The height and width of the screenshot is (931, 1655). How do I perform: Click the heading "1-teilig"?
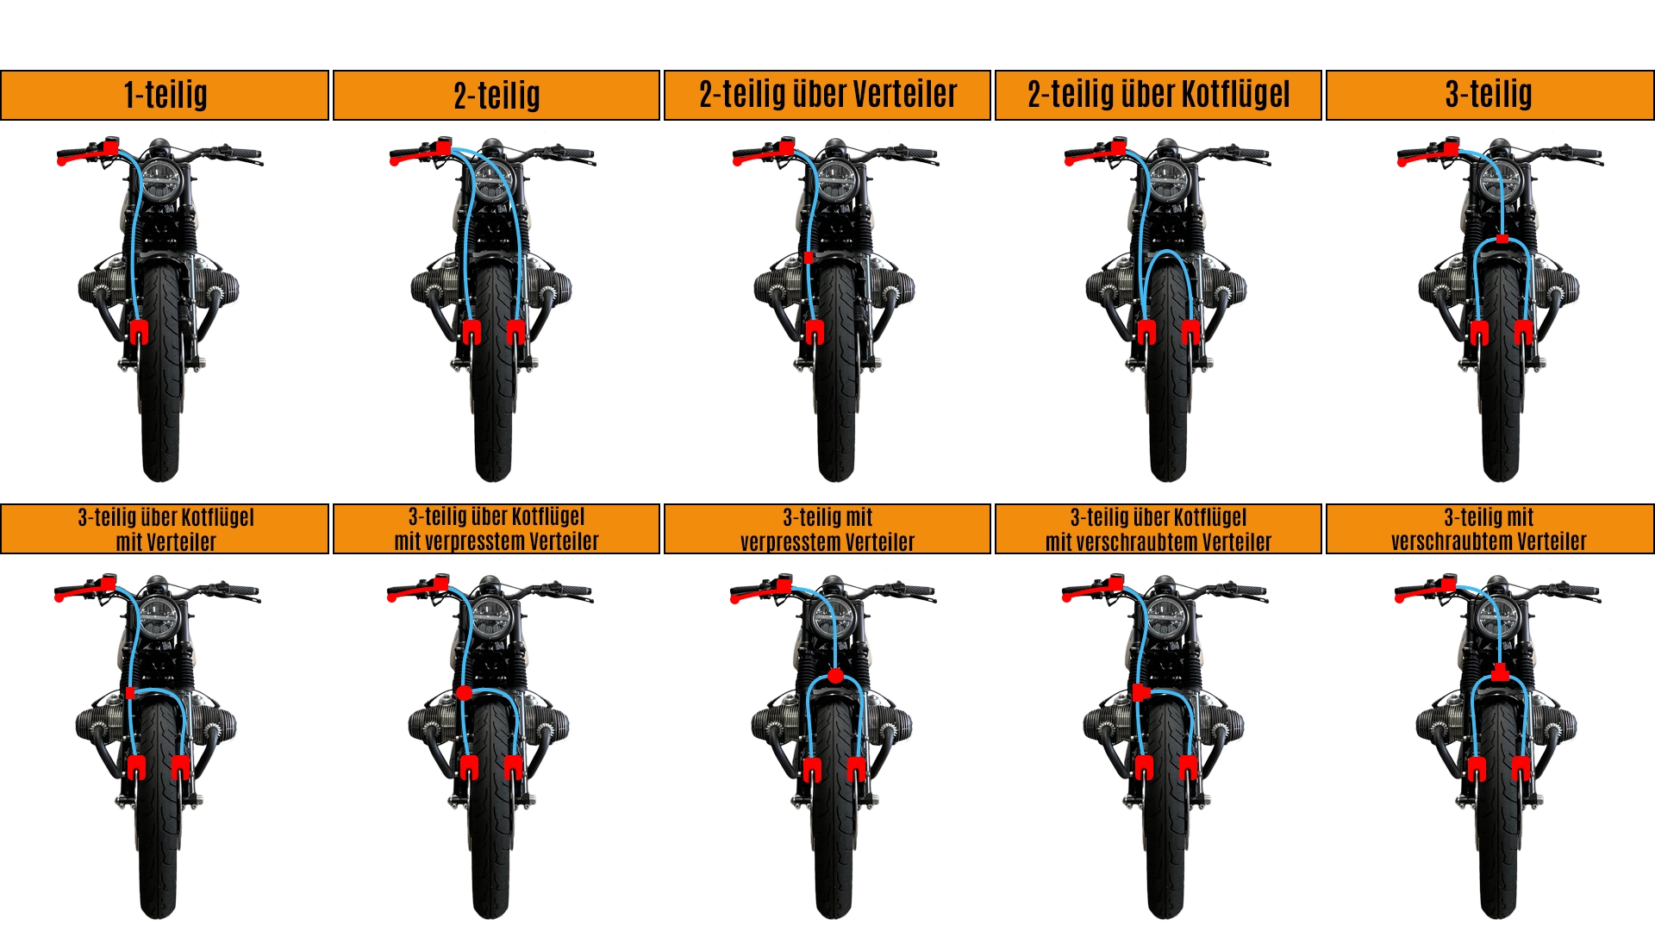[165, 95]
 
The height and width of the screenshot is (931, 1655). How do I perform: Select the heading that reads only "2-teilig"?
[496, 95]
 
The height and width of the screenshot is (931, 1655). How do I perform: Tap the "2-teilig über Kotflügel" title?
[1158, 94]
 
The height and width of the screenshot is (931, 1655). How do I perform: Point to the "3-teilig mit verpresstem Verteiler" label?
[827, 529]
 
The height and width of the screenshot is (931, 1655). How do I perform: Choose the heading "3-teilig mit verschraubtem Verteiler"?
[1489, 529]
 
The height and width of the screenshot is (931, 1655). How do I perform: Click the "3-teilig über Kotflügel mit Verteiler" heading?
[165, 529]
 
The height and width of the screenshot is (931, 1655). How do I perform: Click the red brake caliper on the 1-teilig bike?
[139, 332]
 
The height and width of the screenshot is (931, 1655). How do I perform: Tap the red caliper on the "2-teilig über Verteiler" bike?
[815, 332]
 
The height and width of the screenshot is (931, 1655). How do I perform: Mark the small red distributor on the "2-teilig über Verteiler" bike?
[809, 258]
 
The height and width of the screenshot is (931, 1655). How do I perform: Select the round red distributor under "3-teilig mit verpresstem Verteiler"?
[834, 676]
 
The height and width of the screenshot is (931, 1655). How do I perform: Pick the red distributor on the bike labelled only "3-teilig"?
[1502, 239]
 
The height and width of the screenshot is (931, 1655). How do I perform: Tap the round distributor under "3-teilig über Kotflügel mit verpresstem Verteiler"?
[464, 692]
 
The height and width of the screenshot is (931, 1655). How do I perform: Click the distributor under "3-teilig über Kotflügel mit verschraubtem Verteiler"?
[1141, 691]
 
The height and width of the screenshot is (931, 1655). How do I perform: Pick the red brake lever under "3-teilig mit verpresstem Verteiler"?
[761, 590]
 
